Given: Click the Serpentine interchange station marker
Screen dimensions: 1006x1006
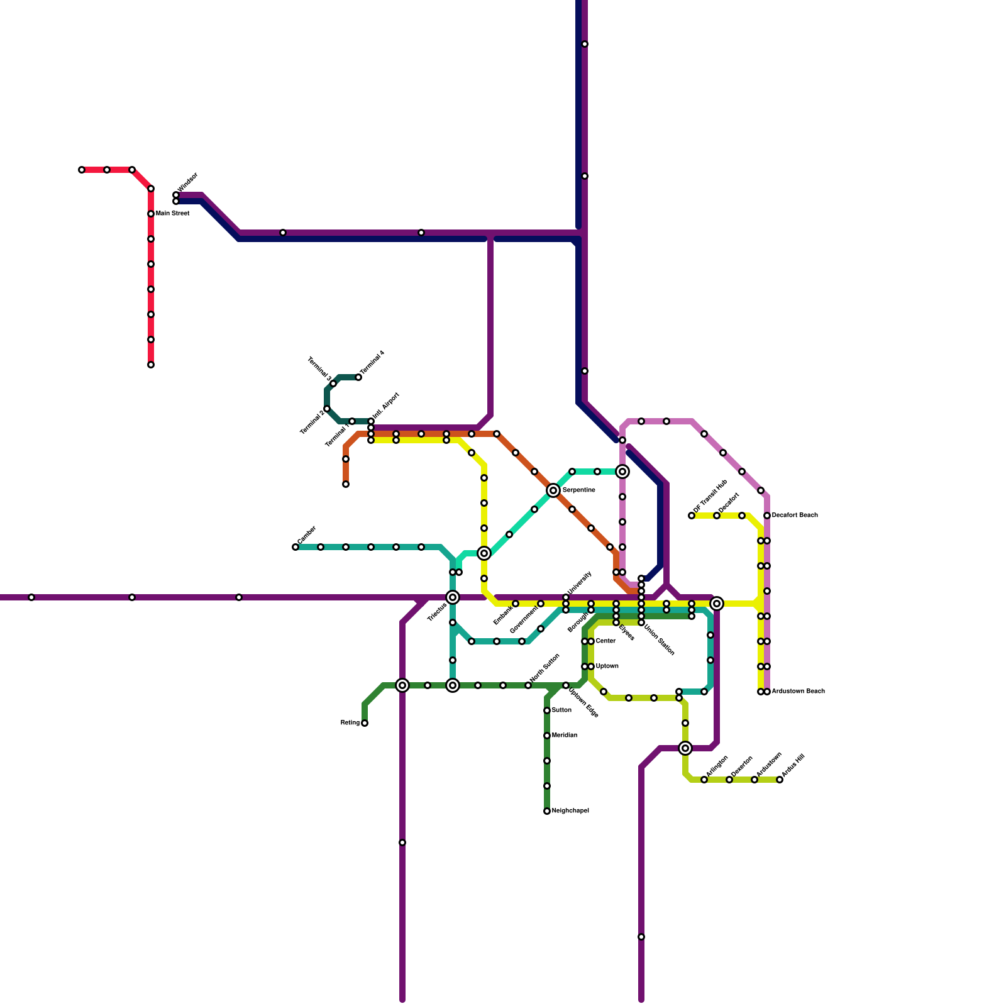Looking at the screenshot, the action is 553,490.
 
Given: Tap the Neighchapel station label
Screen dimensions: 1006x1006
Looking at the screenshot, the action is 570,811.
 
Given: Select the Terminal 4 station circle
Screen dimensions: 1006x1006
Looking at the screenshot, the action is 358,377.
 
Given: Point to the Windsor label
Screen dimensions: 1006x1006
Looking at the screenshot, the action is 187,182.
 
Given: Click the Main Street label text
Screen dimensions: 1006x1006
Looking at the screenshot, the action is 172,214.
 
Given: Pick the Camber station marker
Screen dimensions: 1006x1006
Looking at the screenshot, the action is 296,547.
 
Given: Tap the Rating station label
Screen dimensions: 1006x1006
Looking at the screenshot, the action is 350,723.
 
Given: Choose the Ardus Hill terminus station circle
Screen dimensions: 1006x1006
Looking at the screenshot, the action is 780,780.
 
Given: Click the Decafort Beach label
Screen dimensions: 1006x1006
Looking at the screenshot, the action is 795,516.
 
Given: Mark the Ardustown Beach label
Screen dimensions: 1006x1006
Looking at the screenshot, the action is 798,692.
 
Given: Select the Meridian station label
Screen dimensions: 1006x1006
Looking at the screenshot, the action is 564,736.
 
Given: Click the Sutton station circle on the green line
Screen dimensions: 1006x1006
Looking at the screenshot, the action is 547,710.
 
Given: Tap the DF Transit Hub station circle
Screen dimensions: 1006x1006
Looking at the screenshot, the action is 692,516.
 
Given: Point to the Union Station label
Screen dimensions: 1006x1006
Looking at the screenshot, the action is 660,639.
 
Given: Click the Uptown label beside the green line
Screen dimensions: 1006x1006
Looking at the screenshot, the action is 607,666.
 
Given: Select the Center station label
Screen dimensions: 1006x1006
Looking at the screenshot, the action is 605,641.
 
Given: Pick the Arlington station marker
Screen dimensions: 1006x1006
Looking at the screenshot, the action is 704,780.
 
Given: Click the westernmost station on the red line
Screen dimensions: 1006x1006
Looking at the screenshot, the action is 82,170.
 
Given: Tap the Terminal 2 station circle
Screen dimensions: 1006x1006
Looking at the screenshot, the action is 327,409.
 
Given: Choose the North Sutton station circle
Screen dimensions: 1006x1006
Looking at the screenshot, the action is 528,685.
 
